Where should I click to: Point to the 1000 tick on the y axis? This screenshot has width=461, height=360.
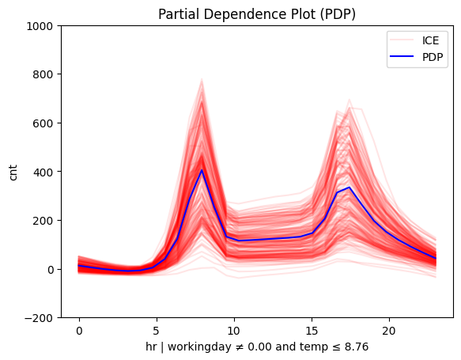tap(40, 26)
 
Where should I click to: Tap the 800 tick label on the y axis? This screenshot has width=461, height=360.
tap(43, 74)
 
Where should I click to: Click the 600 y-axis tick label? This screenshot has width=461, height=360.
tap(43, 123)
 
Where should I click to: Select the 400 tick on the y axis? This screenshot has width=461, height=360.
tap(43, 172)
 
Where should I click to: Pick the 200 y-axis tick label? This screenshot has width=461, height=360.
tap(43, 221)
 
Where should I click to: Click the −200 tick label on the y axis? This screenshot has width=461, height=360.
tap(40, 318)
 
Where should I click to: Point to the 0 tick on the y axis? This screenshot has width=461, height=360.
tap(49, 269)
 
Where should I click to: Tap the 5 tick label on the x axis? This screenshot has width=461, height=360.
tap(157, 330)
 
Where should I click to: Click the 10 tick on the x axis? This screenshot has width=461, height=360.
tap(234, 330)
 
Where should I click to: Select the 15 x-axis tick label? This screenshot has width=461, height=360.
tap(312, 330)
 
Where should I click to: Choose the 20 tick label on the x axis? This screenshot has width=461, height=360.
tap(389, 330)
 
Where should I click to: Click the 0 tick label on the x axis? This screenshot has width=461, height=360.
tap(79, 330)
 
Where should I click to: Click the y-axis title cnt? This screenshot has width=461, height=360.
tap(13, 172)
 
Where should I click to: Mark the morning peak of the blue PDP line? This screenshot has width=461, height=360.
tap(202, 170)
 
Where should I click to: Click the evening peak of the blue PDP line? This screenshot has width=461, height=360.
tap(350, 188)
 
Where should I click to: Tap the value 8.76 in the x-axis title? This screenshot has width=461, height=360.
tap(355, 347)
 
